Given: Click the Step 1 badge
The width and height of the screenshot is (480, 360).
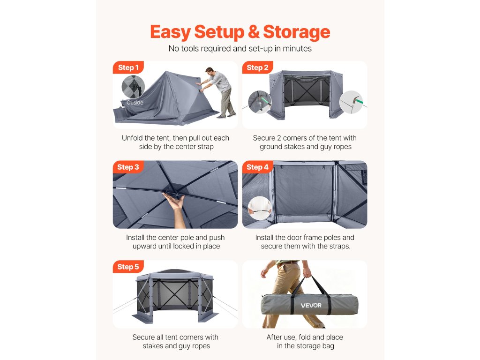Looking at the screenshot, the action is [128, 67].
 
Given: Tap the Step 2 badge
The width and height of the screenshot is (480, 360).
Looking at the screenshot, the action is [257, 67].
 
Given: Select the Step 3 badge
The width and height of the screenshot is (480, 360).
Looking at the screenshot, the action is [128, 167].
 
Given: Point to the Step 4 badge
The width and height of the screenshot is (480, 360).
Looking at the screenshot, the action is [257, 167].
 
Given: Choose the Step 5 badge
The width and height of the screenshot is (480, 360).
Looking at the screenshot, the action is [128, 267].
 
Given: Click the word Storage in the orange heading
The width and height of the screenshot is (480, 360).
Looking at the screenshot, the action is [297, 32].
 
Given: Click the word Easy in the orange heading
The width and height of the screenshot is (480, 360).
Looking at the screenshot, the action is [171, 32].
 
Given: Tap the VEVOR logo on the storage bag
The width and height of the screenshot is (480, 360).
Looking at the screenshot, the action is [311, 306].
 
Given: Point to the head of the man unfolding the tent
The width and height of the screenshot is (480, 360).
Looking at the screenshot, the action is [210, 72].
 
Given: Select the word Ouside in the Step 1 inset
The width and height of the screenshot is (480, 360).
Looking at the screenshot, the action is [135, 103].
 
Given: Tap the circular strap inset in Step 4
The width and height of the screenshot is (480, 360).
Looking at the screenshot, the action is [260, 208].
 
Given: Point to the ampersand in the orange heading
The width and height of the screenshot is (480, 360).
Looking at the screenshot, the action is [254, 32].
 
